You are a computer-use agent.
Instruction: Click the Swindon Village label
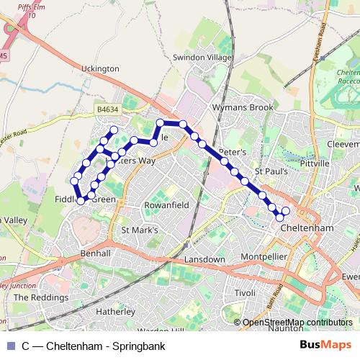click(x=202, y=58)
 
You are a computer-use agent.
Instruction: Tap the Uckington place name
click(x=101, y=68)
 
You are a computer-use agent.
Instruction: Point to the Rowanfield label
click(x=166, y=204)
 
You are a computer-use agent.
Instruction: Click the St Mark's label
click(x=139, y=230)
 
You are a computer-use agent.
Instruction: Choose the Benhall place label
click(x=96, y=253)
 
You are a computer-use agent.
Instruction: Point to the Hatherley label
click(x=116, y=312)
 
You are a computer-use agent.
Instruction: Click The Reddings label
click(x=45, y=297)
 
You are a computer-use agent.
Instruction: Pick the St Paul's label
click(x=272, y=172)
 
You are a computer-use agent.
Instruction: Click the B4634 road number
click(x=107, y=109)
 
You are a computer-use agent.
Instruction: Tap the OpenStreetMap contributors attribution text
click(x=297, y=323)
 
